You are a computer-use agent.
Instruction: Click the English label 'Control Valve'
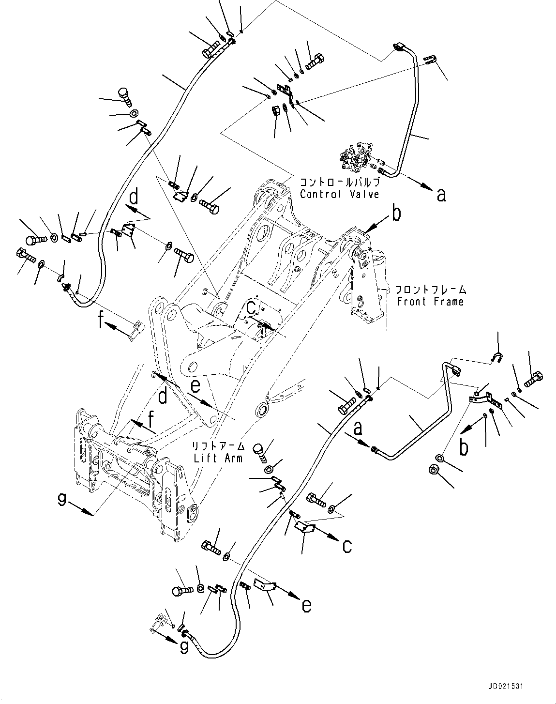point(339,194)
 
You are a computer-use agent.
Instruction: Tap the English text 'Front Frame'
point(430,302)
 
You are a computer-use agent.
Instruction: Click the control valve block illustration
point(357,160)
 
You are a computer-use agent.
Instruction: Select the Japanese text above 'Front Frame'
point(430,290)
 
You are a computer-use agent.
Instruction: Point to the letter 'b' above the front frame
point(396,214)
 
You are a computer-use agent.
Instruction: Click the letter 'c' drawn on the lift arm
point(251,307)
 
